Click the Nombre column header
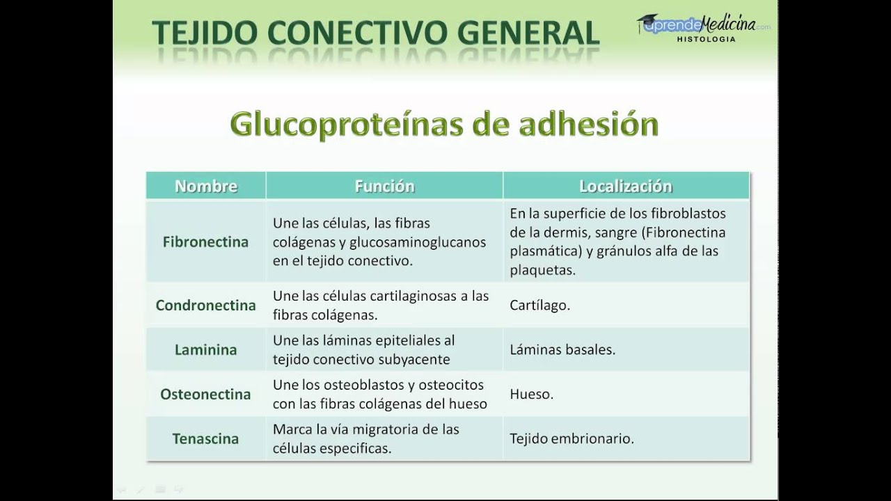coord(205,186)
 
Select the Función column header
coord(384,186)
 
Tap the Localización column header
coord(625,186)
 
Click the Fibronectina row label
coord(205,242)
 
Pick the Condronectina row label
coord(205,305)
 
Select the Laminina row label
coord(205,350)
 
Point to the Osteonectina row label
coord(205,395)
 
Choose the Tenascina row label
coord(205,439)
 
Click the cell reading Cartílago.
coord(539,305)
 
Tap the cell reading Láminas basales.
coord(562,350)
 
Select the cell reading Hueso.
coord(531,395)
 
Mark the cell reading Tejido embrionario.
coord(571,439)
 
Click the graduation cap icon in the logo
coord(648,22)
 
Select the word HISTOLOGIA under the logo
coord(706,40)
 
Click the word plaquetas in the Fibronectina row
coord(542,271)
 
